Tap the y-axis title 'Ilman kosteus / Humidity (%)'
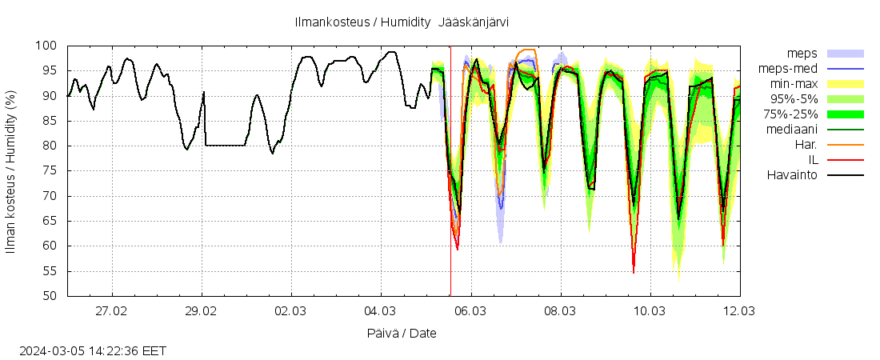[11, 171]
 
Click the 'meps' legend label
[802, 54]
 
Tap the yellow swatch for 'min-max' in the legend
[846, 84]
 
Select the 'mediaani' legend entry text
[791, 130]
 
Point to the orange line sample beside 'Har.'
[846, 145]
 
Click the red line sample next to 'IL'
[846, 160]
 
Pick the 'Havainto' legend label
[792, 175]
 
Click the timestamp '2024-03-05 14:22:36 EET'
[93, 350]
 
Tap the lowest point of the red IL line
[634, 273]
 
